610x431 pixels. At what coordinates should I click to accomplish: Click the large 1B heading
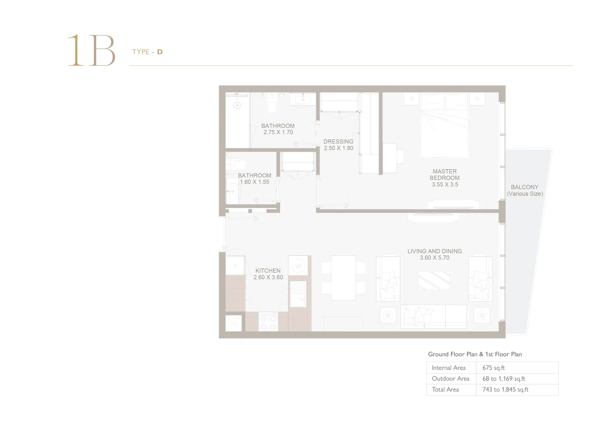(91, 50)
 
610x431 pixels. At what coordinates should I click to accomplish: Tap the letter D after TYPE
(160, 52)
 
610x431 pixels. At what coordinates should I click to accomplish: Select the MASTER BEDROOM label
(444, 175)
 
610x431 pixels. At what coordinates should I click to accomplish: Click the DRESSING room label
(338, 141)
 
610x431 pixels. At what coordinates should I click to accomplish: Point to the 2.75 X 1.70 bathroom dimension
(278, 132)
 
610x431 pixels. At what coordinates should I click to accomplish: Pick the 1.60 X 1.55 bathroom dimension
(254, 182)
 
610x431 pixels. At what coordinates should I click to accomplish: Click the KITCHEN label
(268, 271)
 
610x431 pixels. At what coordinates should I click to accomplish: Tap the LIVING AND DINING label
(435, 251)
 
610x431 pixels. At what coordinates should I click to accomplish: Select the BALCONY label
(525, 187)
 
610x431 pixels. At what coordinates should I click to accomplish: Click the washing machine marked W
(298, 266)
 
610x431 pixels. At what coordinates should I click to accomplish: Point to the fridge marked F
(235, 266)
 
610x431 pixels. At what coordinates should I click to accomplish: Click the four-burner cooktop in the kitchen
(268, 322)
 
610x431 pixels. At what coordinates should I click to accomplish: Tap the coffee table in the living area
(434, 280)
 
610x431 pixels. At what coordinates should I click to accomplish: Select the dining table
(343, 278)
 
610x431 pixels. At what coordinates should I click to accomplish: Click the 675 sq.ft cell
(493, 368)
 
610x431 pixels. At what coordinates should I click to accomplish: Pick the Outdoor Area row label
(451, 379)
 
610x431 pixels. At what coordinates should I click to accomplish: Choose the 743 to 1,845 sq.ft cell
(505, 389)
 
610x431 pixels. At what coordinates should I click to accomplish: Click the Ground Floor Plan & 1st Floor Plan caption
(475, 354)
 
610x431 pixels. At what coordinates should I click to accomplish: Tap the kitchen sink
(298, 294)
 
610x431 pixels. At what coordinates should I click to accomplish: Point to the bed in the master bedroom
(444, 125)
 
